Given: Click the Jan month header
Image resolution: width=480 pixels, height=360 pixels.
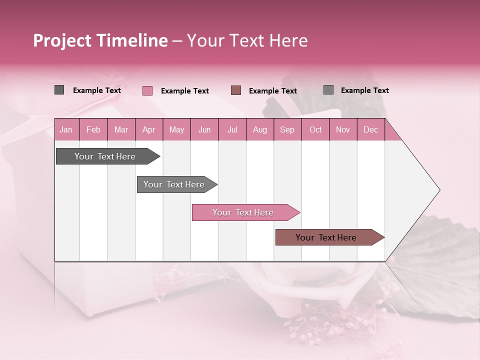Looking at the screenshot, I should tap(66, 129).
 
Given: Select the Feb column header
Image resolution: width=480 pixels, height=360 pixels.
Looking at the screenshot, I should tap(93, 129).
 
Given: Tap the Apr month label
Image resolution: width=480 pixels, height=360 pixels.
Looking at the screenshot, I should tap(148, 129).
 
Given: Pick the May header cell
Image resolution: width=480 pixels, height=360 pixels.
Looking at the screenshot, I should tap(176, 129).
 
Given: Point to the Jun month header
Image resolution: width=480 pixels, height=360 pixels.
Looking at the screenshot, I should tap(204, 129).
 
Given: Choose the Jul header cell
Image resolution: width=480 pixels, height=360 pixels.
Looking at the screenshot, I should tap(232, 129).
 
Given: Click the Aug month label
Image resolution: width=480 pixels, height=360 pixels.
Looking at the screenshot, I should tap(259, 129).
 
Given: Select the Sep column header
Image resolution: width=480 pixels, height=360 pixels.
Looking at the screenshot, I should tap(287, 129).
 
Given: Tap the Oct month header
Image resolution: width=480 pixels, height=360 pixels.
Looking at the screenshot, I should tap(315, 129).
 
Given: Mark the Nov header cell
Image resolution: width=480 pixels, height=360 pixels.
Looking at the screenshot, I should tap(343, 129).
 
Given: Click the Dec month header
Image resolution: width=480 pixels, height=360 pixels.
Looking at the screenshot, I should tap(370, 129).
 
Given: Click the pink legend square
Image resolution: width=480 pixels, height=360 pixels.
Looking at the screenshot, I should tap(147, 90).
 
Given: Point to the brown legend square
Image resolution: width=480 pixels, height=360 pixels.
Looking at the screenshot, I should tap(236, 90).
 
